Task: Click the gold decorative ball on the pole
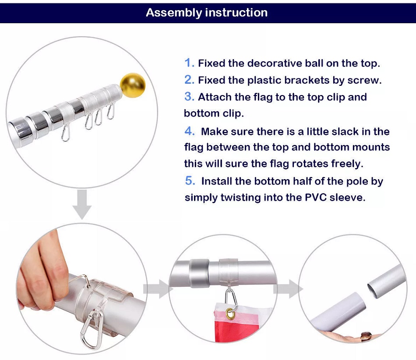133,85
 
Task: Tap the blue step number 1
190,63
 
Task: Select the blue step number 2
190,80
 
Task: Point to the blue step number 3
190,97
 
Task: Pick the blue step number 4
190,131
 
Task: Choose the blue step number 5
190,181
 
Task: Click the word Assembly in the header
174,13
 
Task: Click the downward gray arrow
82,204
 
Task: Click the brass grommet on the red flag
231,314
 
